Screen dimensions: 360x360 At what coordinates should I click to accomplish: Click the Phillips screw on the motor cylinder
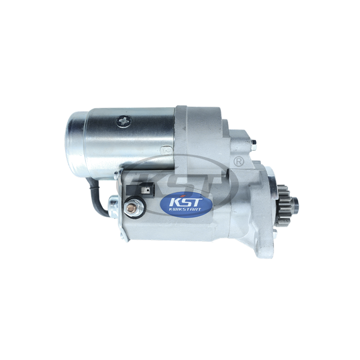(124, 121)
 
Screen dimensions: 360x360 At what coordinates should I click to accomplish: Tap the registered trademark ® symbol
(238, 162)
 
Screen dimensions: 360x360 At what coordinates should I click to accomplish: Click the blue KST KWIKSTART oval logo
(186, 205)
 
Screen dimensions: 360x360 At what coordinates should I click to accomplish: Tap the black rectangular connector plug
(140, 189)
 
